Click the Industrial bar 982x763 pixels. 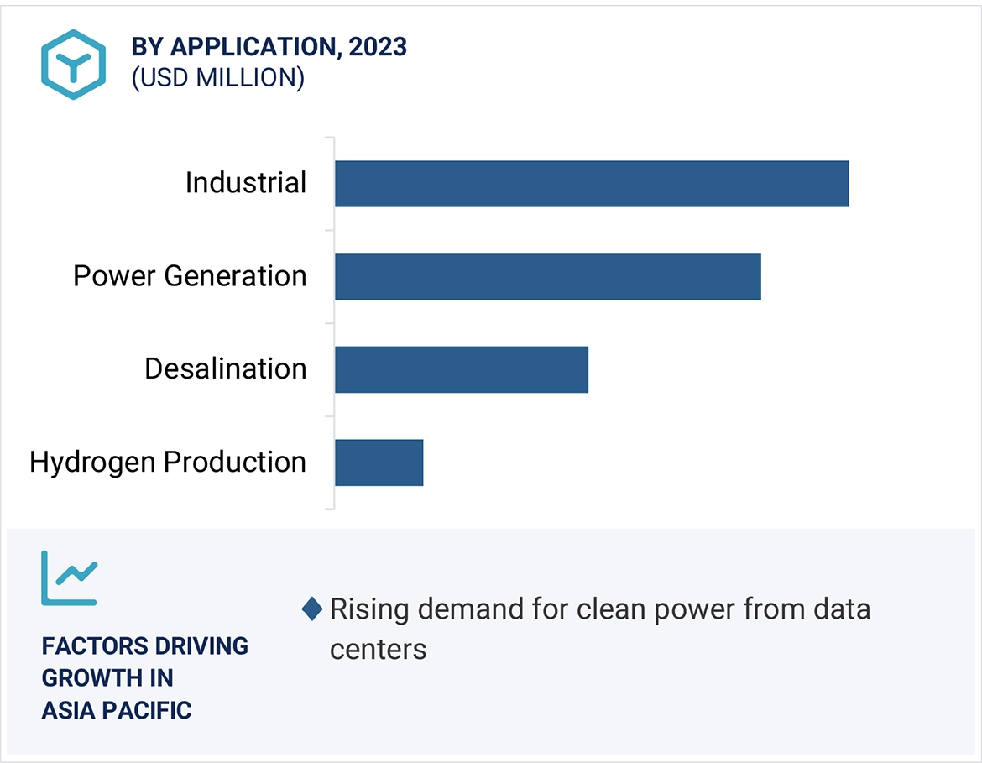point(592,183)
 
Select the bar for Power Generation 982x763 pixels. point(547,276)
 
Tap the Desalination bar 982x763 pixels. point(461,369)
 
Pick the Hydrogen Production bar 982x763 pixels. point(379,463)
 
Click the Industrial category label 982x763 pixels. point(246,183)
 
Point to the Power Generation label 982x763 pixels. point(190,276)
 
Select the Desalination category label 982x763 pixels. point(225,369)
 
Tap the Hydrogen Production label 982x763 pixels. point(168,463)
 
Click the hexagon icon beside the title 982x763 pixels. point(73,65)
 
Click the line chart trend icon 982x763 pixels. point(70,577)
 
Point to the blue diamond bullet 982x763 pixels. point(312,609)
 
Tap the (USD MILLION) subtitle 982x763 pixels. point(217,78)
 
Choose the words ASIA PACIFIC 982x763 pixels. point(117,710)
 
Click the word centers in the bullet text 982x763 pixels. point(378,649)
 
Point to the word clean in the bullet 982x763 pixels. point(608,609)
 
